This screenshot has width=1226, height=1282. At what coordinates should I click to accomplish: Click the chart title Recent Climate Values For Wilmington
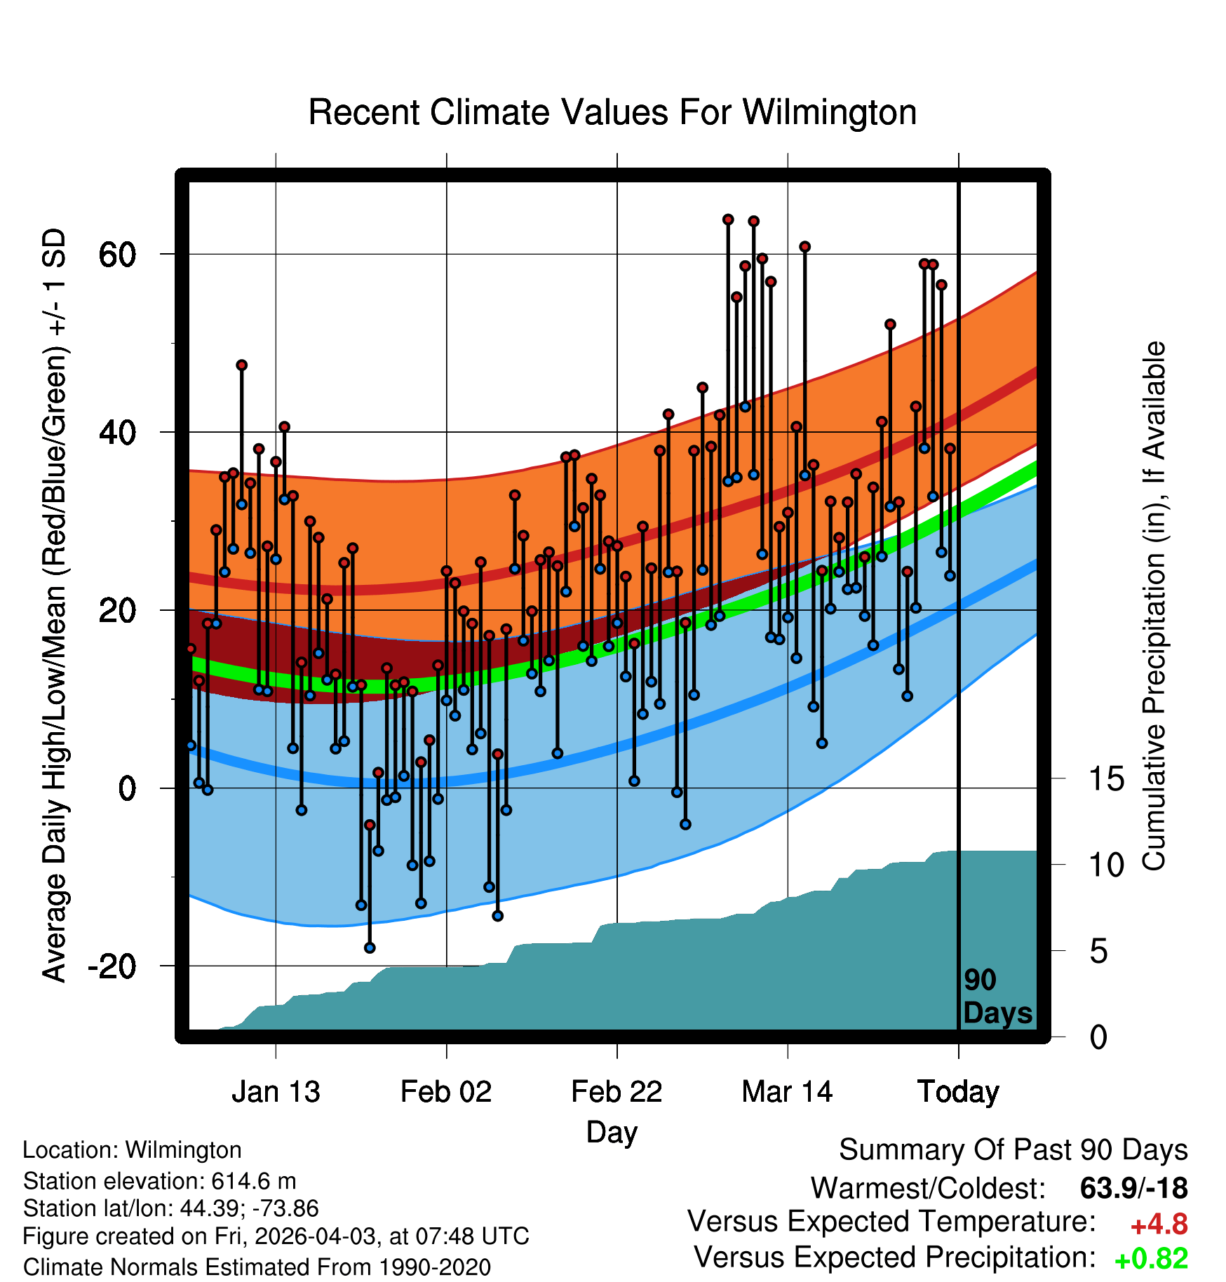(612, 112)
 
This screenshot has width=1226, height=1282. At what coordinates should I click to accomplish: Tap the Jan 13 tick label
(276, 1092)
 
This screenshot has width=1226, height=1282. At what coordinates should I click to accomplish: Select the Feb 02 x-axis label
(446, 1092)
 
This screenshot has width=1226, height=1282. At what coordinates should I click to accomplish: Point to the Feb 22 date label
(617, 1092)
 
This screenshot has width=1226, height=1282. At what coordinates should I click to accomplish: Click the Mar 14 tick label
(787, 1092)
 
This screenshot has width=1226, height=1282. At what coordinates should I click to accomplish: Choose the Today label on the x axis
(958, 1093)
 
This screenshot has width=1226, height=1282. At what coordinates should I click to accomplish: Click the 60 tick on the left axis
(117, 255)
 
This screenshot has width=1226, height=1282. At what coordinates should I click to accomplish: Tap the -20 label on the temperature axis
(112, 966)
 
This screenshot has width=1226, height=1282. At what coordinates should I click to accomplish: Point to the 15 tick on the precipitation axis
(1106, 778)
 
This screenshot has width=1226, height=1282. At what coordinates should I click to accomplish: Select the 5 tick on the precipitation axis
(1098, 952)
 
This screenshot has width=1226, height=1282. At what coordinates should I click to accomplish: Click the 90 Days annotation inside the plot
(997, 997)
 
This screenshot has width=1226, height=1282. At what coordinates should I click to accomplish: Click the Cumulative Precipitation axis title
(1154, 606)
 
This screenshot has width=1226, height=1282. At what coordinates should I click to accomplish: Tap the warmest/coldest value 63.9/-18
(1133, 1188)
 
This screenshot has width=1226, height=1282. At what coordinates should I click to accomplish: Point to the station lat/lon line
(170, 1208)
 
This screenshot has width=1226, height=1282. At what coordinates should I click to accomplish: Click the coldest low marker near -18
(370, 948)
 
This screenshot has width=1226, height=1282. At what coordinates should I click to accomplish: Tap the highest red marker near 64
(728, 220)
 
